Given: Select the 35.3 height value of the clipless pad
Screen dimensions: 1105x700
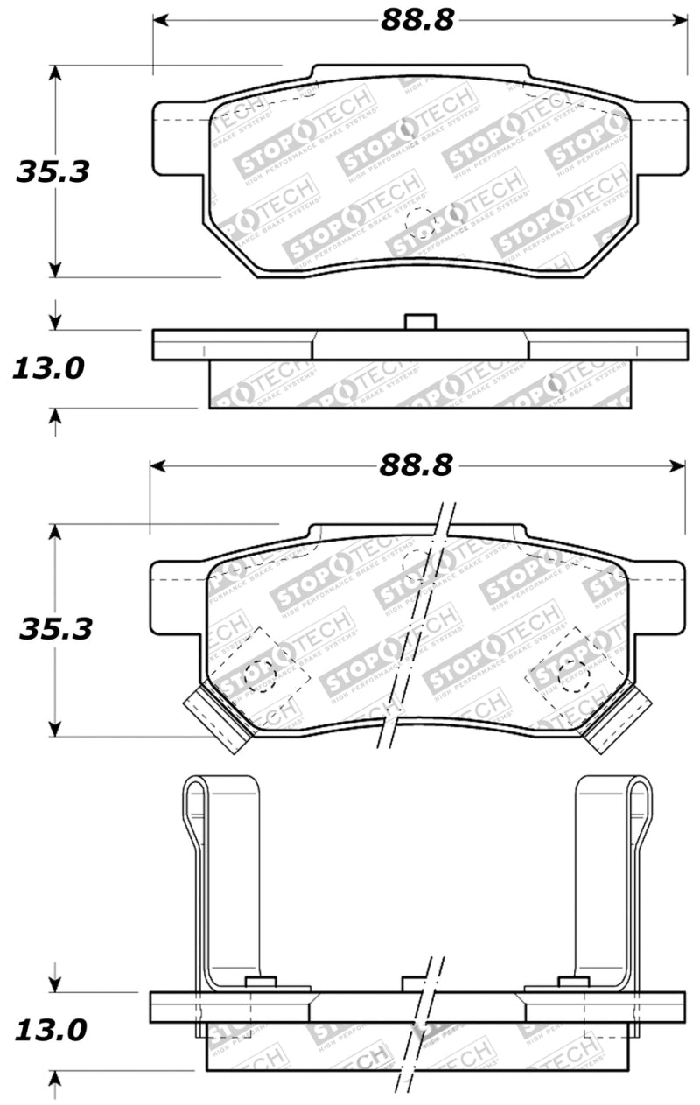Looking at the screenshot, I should click(53, 171).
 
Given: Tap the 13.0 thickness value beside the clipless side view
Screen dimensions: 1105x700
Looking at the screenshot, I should click(48, 368).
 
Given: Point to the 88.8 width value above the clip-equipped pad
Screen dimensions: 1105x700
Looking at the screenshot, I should click(416, 466).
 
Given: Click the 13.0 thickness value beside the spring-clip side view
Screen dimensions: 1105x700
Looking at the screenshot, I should click(50, 1030).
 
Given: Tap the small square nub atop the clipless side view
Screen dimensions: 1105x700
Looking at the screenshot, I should click(420, 321).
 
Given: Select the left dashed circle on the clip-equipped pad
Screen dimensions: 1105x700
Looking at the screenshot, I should click(258, 675).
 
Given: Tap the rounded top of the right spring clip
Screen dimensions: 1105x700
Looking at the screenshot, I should click(639, 787).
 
